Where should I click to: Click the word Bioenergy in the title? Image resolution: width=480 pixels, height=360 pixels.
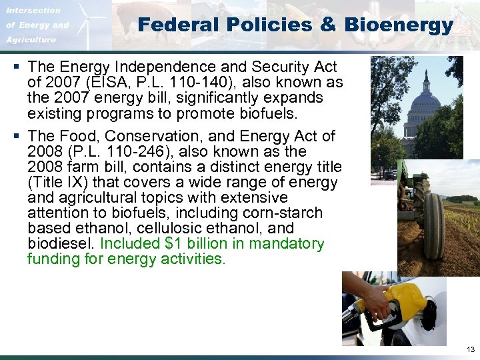coord(399,25)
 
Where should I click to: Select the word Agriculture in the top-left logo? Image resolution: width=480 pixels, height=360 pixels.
coord(32,40)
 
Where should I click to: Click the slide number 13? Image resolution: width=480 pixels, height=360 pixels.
coord(471,349)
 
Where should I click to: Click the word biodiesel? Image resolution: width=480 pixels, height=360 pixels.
coord(56,244)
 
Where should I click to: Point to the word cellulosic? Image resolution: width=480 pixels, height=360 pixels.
coord(167,229)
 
